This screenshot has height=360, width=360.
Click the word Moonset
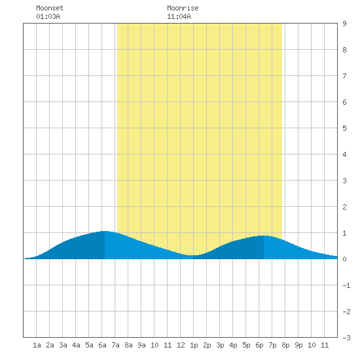tap(50, 8)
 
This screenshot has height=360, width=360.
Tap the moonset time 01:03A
tap(48, 16)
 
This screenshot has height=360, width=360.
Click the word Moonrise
tap(183, 8)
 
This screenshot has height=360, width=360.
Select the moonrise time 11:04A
tap(179, 16)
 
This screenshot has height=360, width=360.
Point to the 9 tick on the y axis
tap(344, 24)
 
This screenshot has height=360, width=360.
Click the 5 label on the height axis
tap(344, 128)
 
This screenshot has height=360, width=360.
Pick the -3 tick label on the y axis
tap(346, 338)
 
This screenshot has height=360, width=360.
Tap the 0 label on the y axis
tap(344, 259)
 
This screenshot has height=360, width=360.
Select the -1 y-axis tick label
tap(346, 285)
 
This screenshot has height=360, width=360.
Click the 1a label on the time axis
tap(37, 345)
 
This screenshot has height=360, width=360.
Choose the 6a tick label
tap(102, 345)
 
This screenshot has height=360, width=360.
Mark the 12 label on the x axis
tap(181, 345)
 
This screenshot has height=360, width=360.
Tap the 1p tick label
tap(194, 345)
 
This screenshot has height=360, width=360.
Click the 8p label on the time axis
tap(285, 345)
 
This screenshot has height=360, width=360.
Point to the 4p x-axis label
tap(233, 345)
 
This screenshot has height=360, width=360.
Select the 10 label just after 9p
tap(312, 345)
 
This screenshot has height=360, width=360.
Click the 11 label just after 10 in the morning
tap(168, 345)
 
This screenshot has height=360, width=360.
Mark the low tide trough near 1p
tap(193, 255)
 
